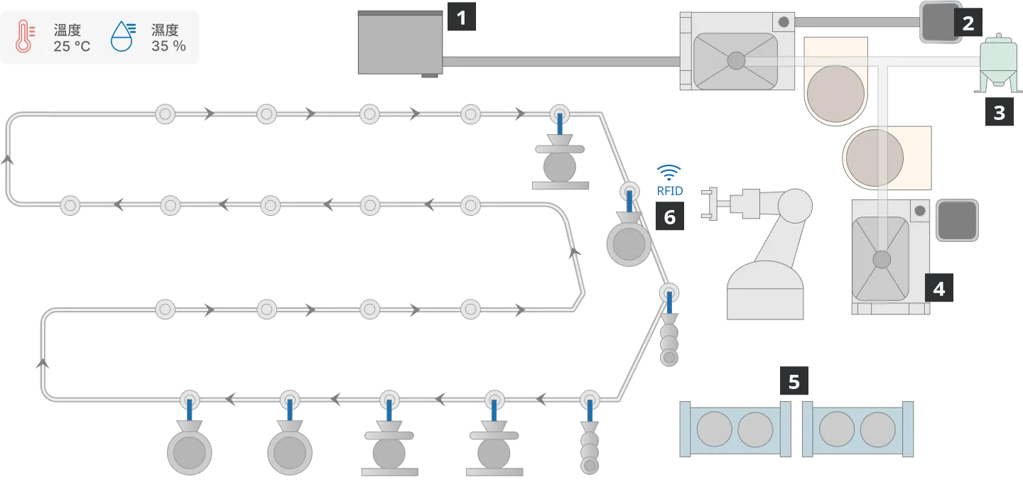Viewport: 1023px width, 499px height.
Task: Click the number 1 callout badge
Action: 461,17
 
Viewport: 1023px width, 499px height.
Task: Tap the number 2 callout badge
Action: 968,22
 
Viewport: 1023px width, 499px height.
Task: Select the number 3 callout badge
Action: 1000,111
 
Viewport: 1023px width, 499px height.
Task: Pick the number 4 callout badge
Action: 939,287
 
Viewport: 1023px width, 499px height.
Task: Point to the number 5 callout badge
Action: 794,381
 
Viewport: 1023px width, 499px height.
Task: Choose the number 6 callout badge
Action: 670,216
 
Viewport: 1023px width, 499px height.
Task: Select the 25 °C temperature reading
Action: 72,46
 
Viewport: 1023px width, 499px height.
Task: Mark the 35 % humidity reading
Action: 168,46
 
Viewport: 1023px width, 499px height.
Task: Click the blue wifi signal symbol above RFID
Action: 669,173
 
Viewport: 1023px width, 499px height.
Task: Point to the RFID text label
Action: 670,191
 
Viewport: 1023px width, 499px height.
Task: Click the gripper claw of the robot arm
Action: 709,204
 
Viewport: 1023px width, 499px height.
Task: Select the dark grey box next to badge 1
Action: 400,43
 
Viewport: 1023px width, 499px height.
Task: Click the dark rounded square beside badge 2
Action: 939,22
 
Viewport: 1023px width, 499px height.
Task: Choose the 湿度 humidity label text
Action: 165,30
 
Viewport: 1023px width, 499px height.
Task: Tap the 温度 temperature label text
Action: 67,30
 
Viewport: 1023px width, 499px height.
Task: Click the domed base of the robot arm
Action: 765,290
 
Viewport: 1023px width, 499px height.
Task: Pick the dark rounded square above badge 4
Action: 957,220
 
